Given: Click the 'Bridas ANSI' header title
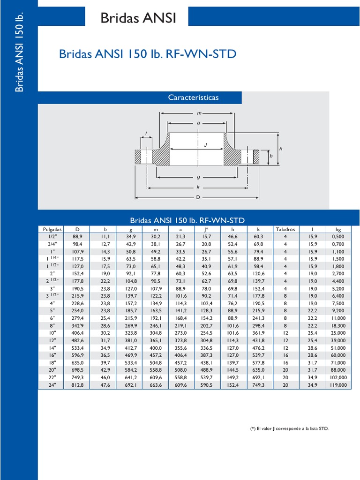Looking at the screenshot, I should coord(138,18).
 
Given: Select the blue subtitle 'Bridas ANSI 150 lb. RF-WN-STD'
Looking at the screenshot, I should coord(148,54).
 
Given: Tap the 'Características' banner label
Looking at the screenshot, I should coord(193,97).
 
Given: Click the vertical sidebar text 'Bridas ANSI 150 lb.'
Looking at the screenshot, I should coord(19,53).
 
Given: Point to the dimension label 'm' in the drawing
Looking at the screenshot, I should coord(199,114).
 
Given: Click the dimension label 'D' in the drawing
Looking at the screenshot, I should coord(198,197).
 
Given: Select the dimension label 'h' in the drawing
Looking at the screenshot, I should coord(280,149).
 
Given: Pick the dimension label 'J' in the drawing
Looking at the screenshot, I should coord(205,145).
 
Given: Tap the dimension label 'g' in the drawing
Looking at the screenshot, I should coord(199,177).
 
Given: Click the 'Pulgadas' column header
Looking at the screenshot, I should coord(52,229).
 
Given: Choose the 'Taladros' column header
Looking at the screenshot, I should coord(285,229).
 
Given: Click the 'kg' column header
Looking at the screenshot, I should coord(338,229).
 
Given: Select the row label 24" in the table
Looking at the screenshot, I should coord(52,385).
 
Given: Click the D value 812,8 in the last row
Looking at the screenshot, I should coord(78,385).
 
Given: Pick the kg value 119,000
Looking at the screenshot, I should coord(338,385).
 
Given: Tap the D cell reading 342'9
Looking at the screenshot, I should coord(78,325).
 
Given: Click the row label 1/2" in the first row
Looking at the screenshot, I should coord(52,237).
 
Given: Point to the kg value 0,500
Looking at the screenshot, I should coord(338,237).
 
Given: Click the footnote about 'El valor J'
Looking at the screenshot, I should coord(289,428).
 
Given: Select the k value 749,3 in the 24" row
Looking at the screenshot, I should coord(259,385).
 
